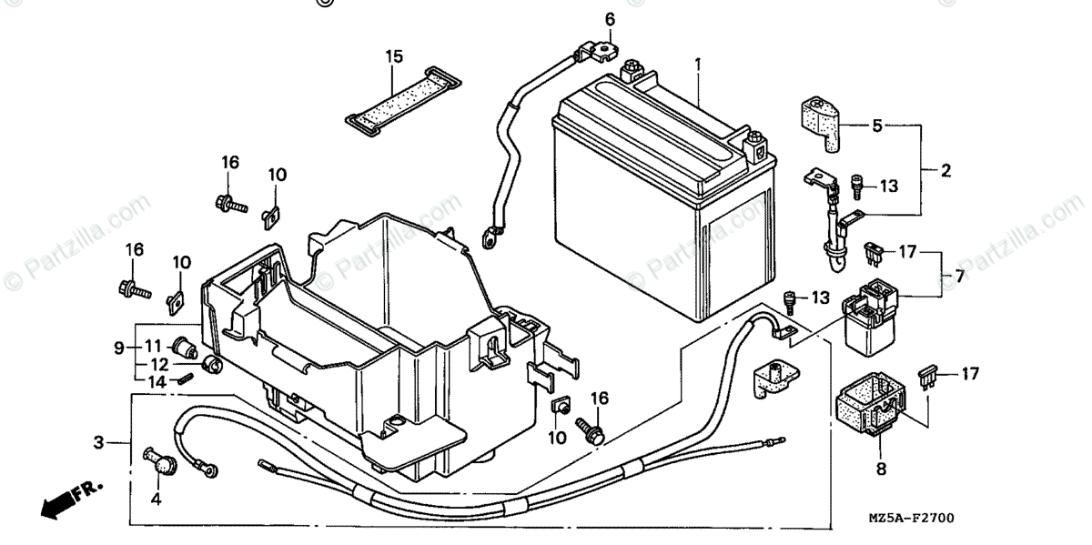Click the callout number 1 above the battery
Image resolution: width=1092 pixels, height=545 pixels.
point(698,65)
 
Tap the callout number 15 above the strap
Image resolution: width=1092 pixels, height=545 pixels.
point(393,56)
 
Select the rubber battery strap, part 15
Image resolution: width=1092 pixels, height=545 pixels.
point(393,97)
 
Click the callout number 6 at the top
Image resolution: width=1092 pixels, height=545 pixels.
point(610,19)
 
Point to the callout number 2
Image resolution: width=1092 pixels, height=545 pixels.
point(946,169)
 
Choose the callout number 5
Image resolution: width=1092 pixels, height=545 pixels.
point(877,126)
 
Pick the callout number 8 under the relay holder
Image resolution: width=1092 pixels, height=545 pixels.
point(880,470)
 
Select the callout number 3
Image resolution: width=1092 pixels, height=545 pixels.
point(98,443)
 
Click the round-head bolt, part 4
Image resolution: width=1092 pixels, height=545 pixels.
point(162,463)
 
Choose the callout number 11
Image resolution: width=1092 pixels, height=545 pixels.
point(153,346)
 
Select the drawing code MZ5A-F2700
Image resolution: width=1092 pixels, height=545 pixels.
point(906,519)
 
